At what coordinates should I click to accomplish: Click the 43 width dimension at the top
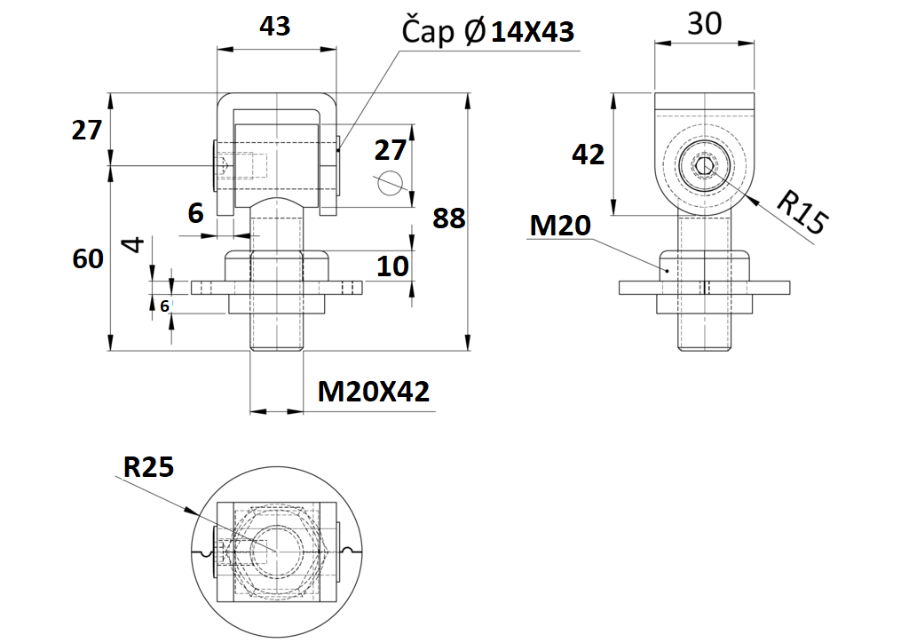[274, 27]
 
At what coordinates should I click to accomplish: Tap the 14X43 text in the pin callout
[533, 33]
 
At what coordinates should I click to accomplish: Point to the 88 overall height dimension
[448, 218]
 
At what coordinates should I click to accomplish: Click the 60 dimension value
[88, 258]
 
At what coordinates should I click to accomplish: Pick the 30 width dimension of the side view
[705, 24]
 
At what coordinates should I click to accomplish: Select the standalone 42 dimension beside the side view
[588, 155]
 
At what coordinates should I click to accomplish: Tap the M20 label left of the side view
[560, 226]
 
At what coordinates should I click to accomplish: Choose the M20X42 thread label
[374, 391]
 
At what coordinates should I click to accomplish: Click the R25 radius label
[148, 467]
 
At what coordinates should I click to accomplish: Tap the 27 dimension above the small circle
[390, 148]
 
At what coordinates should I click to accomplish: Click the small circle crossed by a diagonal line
[389, 181]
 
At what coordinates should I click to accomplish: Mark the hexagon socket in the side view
[704, 166]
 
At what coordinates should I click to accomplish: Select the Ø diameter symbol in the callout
[474, 33]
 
